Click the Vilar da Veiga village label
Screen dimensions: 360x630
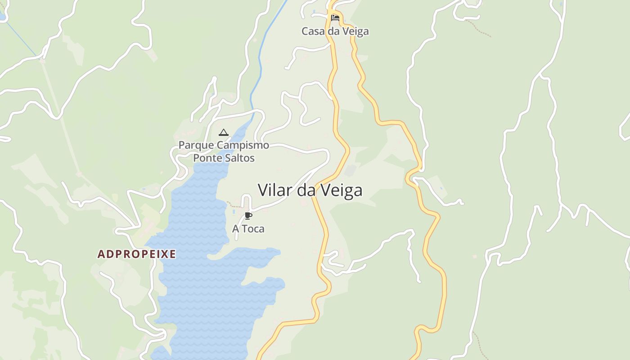[x=310, y=190]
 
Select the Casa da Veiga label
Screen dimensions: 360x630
[x=335, y=31]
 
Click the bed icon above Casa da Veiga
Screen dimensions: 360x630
[x=335, y=18]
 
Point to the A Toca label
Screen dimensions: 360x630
[x=248, y=229]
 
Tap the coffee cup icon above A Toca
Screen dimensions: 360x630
[x=248, y=216]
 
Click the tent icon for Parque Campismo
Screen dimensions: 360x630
[x=223, y=132]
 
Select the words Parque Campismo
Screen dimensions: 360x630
[x=224, y=145]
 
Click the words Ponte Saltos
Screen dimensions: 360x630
[x=224, y=158]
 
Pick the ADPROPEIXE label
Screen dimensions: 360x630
[x=136, y=254]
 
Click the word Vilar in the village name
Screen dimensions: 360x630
[x=275, y=190]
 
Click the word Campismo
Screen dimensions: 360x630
[x=243, y=145]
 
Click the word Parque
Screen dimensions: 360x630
[x=196, y=145]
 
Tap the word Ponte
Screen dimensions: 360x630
[x=208, y=158]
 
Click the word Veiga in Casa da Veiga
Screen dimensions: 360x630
[x=355, y=31]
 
